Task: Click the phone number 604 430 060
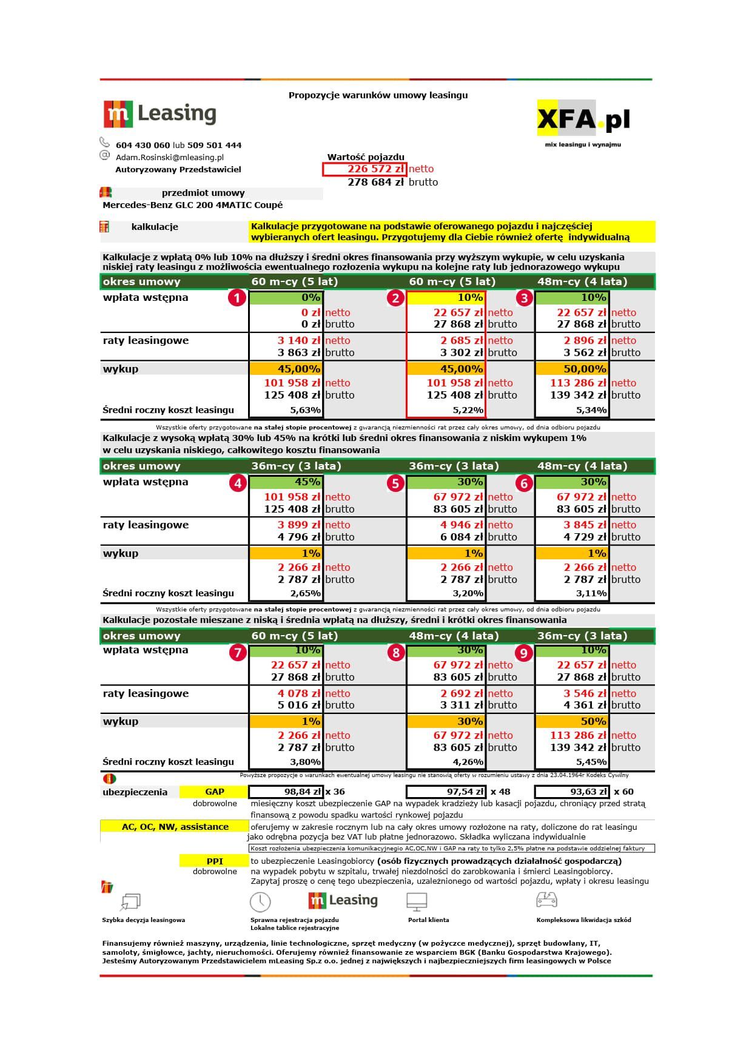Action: pos(143,146)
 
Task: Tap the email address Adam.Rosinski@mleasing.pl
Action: pos(170,157)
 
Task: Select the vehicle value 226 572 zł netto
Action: pos(364,169)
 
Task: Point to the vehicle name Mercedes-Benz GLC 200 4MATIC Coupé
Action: pos(193,205)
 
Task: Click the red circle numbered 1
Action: pos(237,298)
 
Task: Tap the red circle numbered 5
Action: pos(395,483)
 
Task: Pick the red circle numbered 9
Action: pos(523,653)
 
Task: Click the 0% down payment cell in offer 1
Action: pos(286,298)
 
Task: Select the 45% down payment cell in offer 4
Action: pos(286,482)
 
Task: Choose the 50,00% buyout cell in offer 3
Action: pos(572,369)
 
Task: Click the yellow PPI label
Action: pos(215,861)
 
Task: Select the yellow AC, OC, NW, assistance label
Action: pos(175,827)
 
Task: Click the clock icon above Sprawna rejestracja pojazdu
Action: pos(260,902)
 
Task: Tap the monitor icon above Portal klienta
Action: pos(417,901)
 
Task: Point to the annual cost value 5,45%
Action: pos(591,762)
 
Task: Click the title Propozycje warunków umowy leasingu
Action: pos(378,95)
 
